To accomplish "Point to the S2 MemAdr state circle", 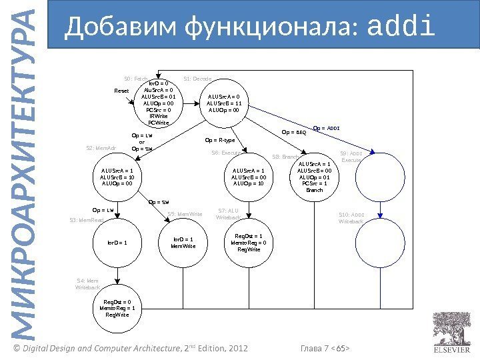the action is pyautogui.click(x=117, y=178).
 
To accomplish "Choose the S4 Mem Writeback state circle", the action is pyautogui.click(x=117, y=309).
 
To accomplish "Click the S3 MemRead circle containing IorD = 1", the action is pyautogui.click(x=117, y=243).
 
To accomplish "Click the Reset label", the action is pyautogui.click(x=122, y=91).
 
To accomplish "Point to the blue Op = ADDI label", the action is pyautogui.click(x=326, y=127).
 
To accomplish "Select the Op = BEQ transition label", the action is pyautogui.click(x=294, y=132).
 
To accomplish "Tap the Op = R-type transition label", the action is pyautogui.click(x=220, y=141).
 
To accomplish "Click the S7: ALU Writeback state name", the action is pyautogui.click(x=229, y=214).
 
